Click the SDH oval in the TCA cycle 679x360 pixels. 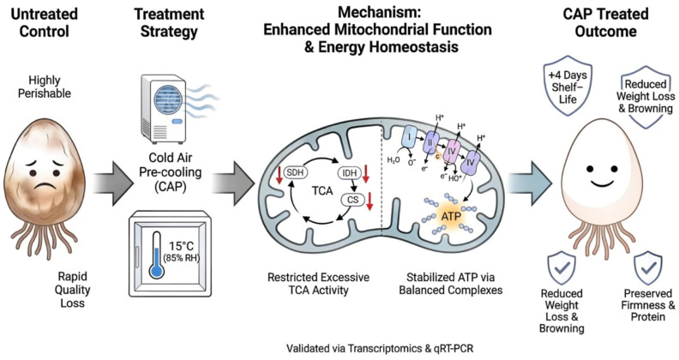click(x=296, y=172)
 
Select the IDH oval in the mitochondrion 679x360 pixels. click(x=350, y=173)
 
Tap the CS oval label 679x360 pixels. click(x=353, y=200)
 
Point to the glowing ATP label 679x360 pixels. click(x=451, y=216)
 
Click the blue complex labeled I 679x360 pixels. click(x=409, y=139)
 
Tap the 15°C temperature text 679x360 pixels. click(x=182, y=246)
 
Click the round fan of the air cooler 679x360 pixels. click(x=168, y=99)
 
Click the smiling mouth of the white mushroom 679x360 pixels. click(x=602, y=183)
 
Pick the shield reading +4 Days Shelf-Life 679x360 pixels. click(x=568, y=88)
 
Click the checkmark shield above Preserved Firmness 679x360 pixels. click(x=648, y=268)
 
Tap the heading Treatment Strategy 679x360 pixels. click(x=169, y=22)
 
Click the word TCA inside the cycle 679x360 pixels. click(x=322, y=191)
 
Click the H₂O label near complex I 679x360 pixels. click(x=394, y=159)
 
